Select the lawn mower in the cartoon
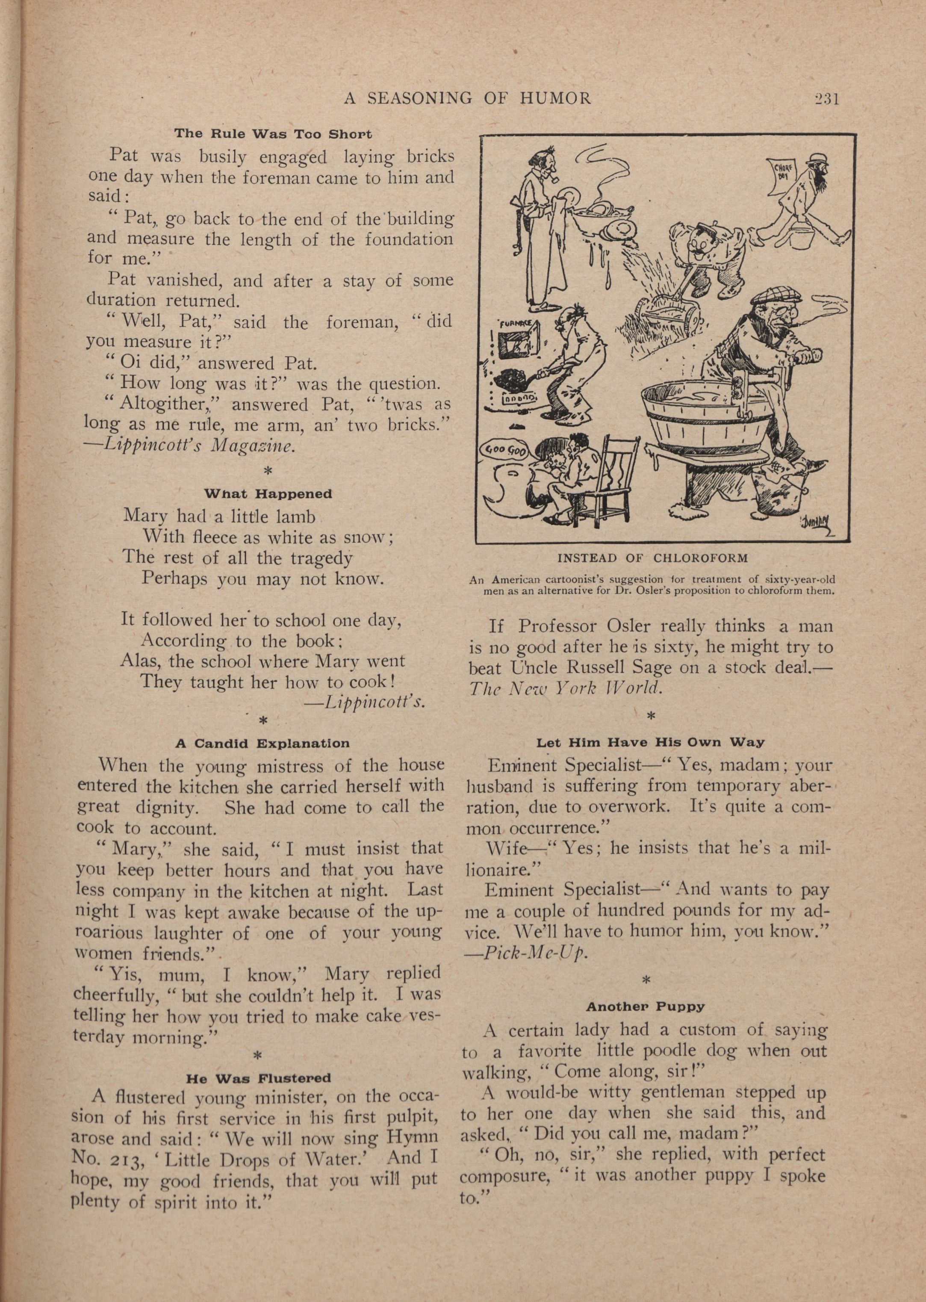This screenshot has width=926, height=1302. click(664, 319)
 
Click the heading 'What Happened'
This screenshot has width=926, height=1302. click(268, 493)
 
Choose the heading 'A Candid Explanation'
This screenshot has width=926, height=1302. click(262, 744)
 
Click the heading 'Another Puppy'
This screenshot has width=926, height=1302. click(646, 1007)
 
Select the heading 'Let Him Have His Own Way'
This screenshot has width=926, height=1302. click(650, 743)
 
